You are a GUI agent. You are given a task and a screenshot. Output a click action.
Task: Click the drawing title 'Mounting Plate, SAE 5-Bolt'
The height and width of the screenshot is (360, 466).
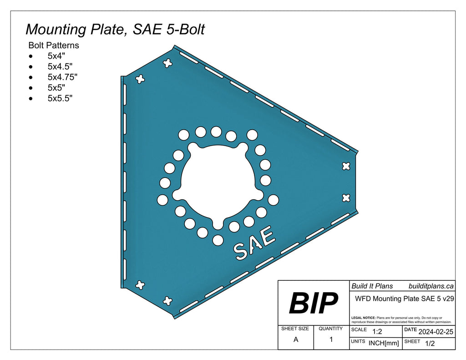[x=115, y=29]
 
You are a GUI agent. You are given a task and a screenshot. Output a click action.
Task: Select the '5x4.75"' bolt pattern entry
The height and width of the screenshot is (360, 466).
[x=62, y=77]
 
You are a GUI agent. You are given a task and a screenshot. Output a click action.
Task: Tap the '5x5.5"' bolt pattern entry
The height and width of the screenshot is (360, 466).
[x=60, y=98]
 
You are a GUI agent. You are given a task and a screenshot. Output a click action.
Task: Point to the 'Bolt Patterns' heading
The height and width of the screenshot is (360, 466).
[x=54, y=46]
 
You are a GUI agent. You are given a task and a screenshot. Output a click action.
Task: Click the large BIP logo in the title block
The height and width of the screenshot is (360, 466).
[x=314, y=303]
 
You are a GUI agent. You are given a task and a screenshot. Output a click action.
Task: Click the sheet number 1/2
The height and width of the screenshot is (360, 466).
[x=429, y=344]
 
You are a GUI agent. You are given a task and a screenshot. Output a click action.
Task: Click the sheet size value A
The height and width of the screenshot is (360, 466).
[x=296, y=340]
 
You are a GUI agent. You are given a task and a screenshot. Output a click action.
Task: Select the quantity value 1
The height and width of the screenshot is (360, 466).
[x=331, y=340]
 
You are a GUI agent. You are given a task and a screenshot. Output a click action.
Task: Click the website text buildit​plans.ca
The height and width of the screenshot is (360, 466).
[x=431, y=286]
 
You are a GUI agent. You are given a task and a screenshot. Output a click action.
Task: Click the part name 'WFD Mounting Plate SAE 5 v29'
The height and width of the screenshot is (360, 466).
[x=402, y=299]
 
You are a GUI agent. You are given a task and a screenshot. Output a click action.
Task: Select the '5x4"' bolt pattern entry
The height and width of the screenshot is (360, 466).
[x=56, y=56]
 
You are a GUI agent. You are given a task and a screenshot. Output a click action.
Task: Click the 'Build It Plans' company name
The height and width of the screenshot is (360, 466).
[x=371, y=286]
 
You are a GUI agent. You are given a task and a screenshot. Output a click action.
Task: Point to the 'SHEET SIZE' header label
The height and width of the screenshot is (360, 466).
[x=295, y=329]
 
